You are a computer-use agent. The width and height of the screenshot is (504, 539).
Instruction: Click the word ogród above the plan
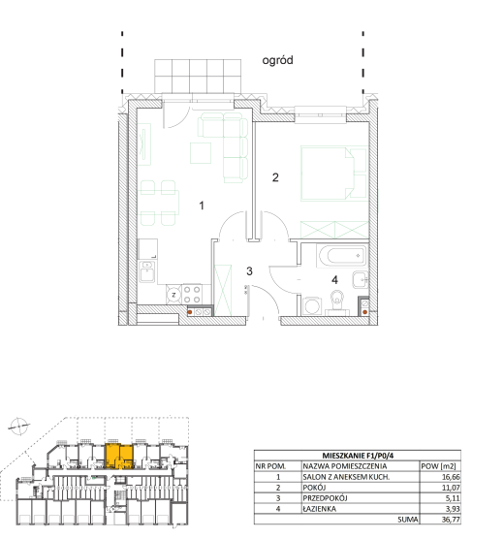click(277, 60)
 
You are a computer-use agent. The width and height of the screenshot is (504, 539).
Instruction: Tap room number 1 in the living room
click(202, 206)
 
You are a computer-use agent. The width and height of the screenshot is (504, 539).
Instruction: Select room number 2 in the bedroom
click(275, 177)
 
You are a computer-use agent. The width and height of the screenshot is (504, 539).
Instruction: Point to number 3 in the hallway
click(249, 271)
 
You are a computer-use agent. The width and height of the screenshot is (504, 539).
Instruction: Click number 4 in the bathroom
click(334, 280)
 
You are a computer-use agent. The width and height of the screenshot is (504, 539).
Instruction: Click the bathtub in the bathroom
click(341, 256)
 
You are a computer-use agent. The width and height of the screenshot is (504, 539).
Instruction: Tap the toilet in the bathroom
click(337, 302)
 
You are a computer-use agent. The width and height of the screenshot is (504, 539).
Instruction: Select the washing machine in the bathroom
click(312, 306)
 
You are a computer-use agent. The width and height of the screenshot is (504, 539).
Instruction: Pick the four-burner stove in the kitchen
click(192, 295)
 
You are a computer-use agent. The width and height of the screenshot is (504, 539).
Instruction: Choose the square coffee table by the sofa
click(201, 153)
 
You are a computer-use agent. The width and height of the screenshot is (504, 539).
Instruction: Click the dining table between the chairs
click(159, 203)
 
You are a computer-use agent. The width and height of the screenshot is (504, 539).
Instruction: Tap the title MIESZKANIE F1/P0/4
click(358, 456)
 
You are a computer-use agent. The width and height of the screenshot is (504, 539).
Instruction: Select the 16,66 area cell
click(451, 477)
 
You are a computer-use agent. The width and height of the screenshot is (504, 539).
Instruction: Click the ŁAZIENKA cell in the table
click(320, 509)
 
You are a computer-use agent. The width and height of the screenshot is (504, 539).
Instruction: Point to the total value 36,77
click(451, 520)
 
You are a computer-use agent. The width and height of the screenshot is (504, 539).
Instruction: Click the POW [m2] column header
click(438, 466)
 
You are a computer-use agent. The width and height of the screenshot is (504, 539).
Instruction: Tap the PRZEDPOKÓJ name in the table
click(325, 498)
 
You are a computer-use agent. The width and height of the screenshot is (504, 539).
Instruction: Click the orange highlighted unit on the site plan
click(119, 457)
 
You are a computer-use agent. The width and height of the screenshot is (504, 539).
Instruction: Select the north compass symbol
click(18, 427)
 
